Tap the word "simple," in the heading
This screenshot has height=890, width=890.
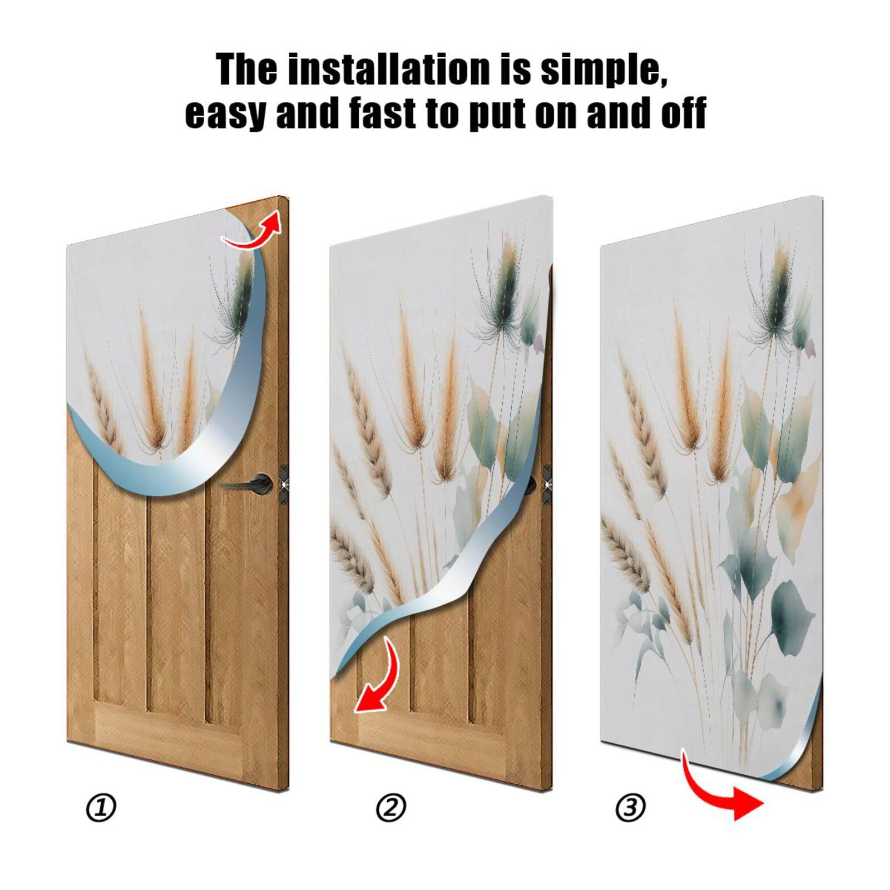tap(604, 70)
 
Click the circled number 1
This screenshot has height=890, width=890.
tap(101, 808)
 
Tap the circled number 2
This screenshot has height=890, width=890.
tap(391, 808)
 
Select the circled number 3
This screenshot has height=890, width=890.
tap(630, 808)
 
